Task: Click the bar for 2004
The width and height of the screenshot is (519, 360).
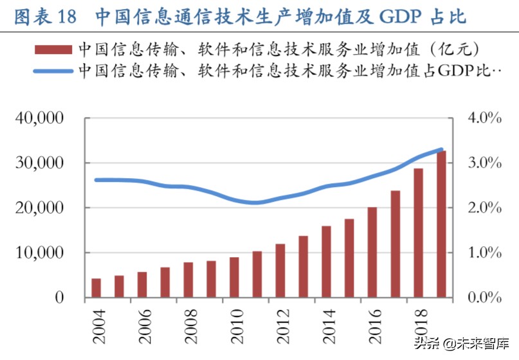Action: tap(96, 288)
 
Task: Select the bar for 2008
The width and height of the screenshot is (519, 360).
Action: tap(188, 280)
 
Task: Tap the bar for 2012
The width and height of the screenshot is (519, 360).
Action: tap(280, 271)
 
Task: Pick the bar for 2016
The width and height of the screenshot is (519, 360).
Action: tap(372, 253)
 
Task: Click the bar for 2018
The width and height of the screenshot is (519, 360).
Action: tap(418, 233)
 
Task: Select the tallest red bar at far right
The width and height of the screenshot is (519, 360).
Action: tap(441, 224)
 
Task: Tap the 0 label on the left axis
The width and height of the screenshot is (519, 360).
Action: tap(59, 298)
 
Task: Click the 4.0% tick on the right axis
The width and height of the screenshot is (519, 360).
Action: tap(483, 118)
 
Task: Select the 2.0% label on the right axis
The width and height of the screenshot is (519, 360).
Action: tap(483, 208)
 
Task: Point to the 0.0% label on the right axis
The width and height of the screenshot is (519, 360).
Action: tap(483, 298)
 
